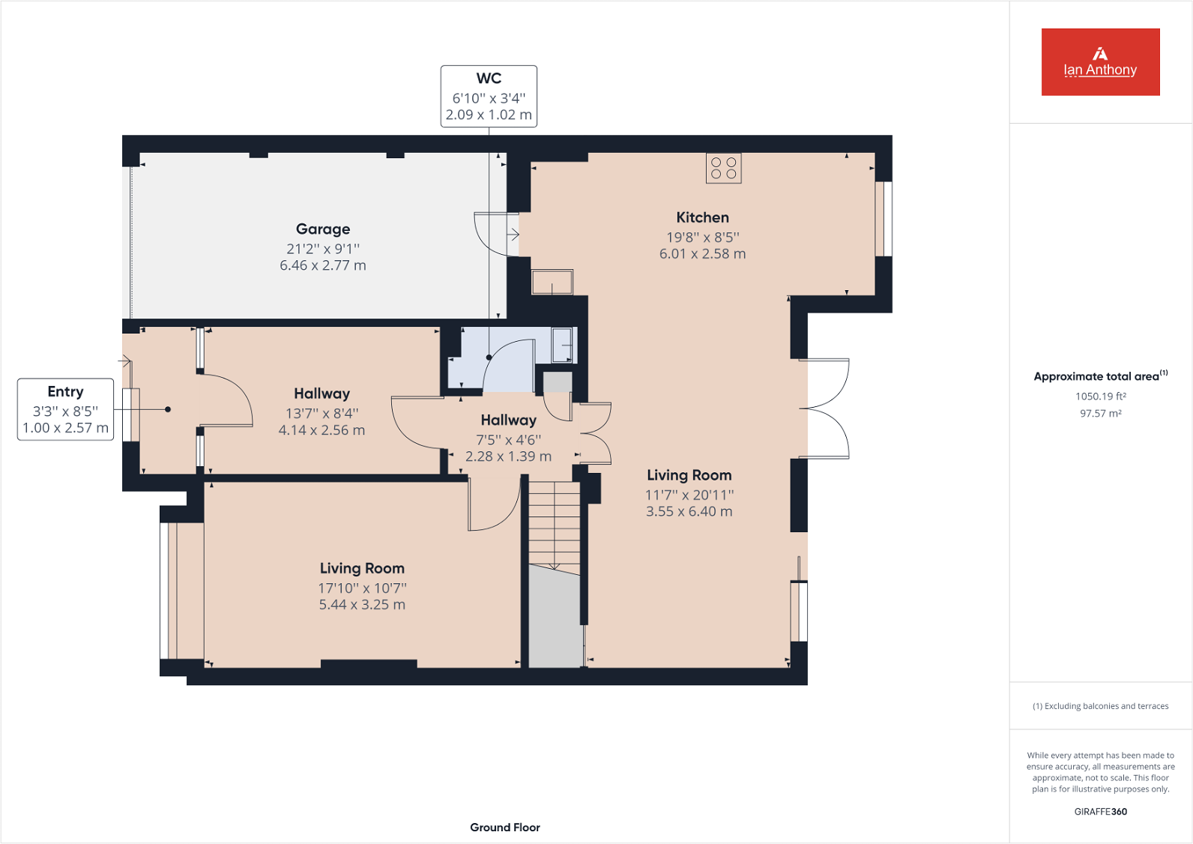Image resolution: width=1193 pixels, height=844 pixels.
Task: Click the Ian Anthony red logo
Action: tap(1100, 62)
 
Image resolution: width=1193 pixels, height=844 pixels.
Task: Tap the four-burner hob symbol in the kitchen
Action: tap(723, 168)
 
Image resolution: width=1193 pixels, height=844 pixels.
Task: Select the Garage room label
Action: tap(323, 229)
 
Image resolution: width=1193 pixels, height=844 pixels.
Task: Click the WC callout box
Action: tap(489, 96)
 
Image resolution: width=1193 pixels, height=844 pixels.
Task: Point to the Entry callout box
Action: tap(65, 409)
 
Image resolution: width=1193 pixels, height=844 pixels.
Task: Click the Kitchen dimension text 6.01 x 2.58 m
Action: tap(702, 254)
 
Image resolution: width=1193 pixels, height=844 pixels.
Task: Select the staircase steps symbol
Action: tap(555, 525)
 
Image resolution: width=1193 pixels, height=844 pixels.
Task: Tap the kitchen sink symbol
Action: tap(552, 283)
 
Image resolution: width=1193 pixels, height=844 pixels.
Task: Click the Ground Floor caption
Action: tap(504, 828)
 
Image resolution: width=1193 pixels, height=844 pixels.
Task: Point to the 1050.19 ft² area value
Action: tap(1100, 397)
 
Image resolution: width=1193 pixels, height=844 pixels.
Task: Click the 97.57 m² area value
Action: tap(1100, 414)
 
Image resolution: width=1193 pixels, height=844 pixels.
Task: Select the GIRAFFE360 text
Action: tap(1100, 812)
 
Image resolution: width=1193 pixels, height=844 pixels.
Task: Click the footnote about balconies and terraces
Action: tap(1100, 706)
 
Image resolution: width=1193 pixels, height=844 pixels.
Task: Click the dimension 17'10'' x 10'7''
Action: tap(362, 588)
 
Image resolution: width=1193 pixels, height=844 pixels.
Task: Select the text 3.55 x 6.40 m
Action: tap(689, 512)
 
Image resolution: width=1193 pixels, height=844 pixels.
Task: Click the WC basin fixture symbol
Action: tap(563, 346)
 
